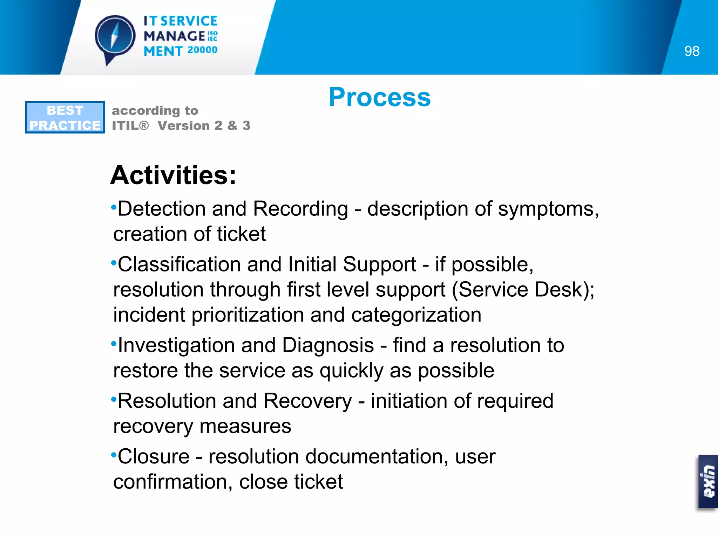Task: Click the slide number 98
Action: [x=692, y=51]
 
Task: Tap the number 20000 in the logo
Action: [x=202, y=50]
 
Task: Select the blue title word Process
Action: [x=380, y=97]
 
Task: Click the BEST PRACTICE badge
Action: [x=65, y=117]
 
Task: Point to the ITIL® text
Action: [x=130, y=125]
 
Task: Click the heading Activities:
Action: [x=173, y=175]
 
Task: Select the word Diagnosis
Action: [x=328, y=345]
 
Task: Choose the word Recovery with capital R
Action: [x=307, y=401]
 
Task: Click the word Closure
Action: [x=154, y=457]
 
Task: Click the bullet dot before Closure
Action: [x=113, y=455]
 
